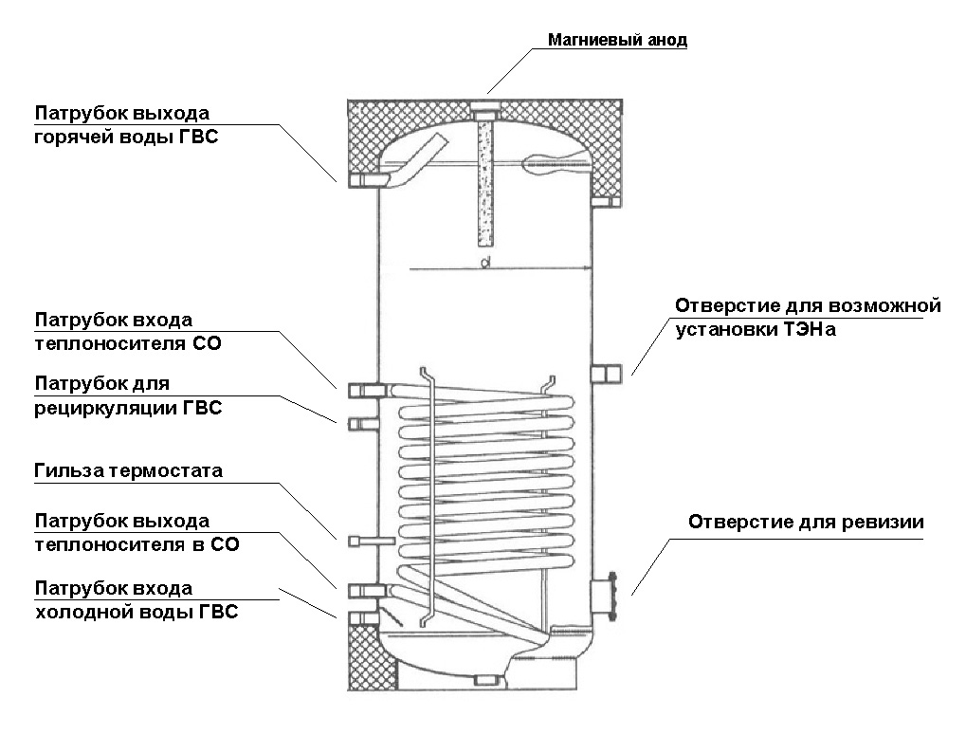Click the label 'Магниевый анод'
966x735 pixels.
[617, 41]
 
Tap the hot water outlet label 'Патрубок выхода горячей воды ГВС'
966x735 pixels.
[133, 125]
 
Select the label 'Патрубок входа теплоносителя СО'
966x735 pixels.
[128, 332]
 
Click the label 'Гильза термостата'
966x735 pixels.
[128, 470]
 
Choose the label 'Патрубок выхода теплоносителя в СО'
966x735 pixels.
[137, 533]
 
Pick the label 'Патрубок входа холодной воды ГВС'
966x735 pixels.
[137, 600]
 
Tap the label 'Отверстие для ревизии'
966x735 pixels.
[806, 523]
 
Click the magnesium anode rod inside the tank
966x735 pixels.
[483, 180]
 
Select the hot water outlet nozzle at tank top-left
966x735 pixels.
[365, 180]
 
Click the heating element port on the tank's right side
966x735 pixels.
[604, 375]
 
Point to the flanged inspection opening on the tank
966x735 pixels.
[606, 597]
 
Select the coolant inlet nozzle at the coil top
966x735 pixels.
[365, 390]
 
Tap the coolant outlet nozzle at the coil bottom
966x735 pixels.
[364, 591]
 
